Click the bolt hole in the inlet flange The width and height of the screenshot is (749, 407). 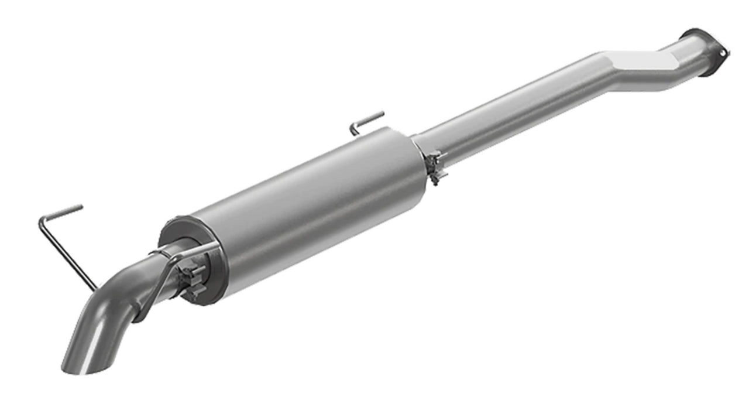tap(723, 53)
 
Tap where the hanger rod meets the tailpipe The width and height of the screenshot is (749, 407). tap(94, 287)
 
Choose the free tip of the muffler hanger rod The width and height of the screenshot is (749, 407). tap(382, 114)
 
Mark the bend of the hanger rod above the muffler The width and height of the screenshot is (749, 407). tap(353, 126)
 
